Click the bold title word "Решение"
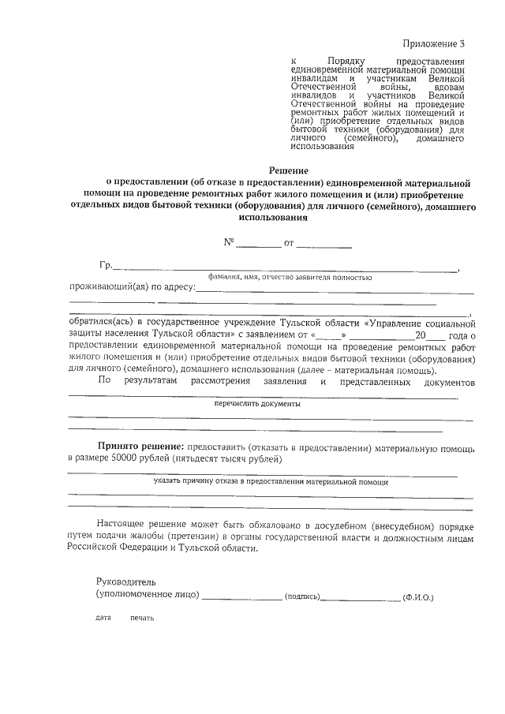(288, 169)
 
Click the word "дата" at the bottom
(103, 618)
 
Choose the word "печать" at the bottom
(142, 618)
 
